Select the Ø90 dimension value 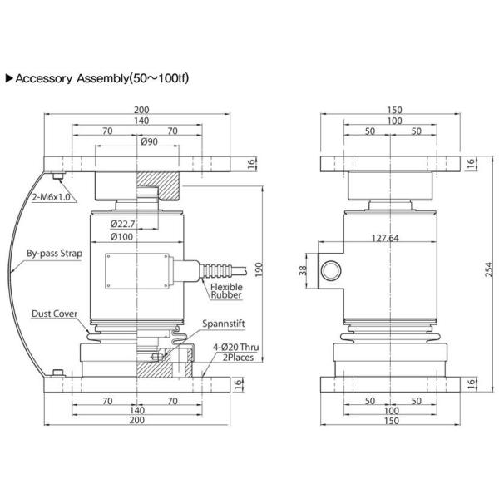pyautogui.click(x=150, y=141)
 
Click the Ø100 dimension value pyautogui.click(x=122, y=238)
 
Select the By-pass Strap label pyautogui.click(x=54, y=252)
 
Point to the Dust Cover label pyautogui.click(x=55, y=314)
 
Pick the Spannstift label pyautogui.click(x=224, y=322)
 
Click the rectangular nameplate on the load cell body pyautogui.click(x=138, y=271)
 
